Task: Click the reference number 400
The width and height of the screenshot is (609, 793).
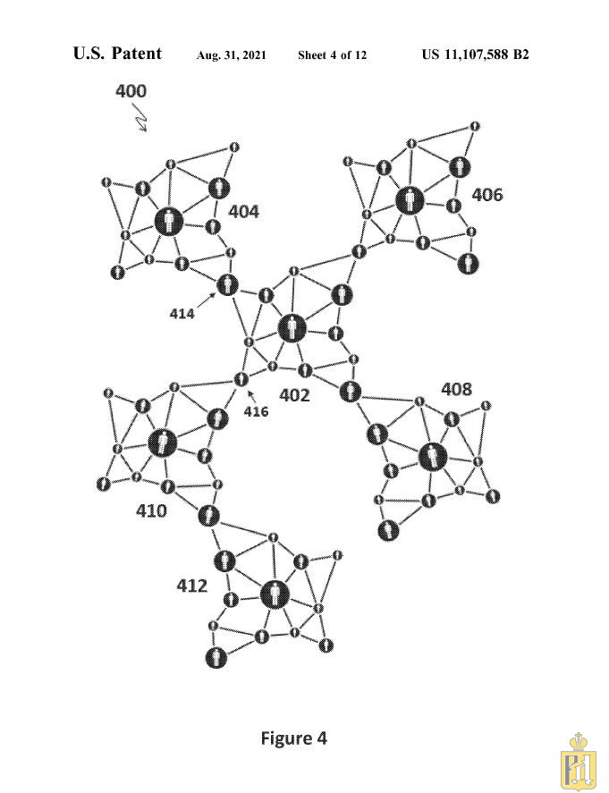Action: (131, 91)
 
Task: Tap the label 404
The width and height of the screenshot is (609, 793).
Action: (244, 211)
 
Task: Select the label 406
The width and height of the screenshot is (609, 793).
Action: (487, 195)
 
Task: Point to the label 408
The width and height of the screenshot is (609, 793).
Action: (457, 390)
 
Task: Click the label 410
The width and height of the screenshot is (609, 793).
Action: (151, 510)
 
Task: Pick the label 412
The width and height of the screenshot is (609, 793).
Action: (191, 586)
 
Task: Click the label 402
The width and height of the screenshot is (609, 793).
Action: (294, 395)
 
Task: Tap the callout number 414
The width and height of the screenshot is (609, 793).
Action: (182, 314)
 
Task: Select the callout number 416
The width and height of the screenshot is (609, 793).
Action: (257, 411)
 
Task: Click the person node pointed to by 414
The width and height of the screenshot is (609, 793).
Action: (228, 285)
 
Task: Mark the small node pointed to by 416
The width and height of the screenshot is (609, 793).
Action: (241, 379)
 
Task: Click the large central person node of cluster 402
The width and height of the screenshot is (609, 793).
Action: (292, 329)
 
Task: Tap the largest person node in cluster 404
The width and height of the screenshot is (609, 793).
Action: (169, 222)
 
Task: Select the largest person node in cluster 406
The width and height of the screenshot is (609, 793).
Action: (410, 200)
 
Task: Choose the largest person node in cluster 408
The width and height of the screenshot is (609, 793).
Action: (434, 457)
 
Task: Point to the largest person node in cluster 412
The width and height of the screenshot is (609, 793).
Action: (275, 595)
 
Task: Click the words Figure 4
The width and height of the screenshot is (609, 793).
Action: (294, 738)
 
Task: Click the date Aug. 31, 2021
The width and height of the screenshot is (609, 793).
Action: (232, 55)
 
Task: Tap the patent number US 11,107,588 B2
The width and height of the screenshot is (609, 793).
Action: (476, 55)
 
